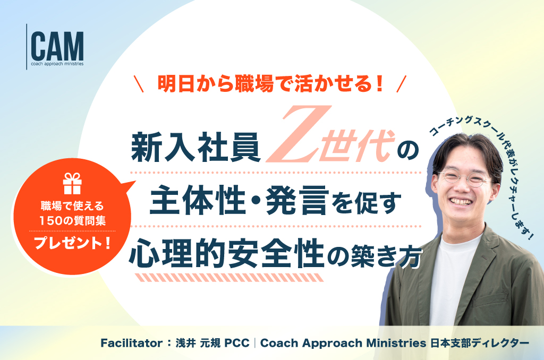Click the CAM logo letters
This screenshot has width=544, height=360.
point(57,46)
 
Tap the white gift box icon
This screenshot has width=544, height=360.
point(72,184)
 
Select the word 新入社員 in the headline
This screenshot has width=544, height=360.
point(196,148)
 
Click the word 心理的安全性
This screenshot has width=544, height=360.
point(226,253)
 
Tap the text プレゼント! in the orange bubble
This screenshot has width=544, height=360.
point(72,243)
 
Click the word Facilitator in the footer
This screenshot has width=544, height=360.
point(132,343)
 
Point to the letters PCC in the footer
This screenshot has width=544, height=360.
point(237,343)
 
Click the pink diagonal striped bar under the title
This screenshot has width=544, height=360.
point(229,278)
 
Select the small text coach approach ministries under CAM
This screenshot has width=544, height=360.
point(57,64)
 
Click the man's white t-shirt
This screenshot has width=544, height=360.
point(451,278)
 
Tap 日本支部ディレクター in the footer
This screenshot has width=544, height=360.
point(480,343)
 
